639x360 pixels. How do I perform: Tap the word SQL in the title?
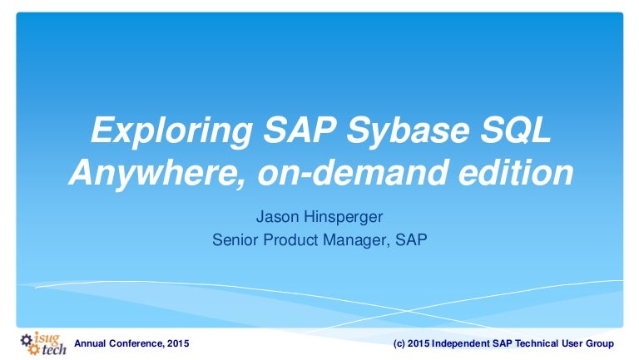[513, 131]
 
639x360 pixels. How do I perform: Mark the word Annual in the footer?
[91, 343]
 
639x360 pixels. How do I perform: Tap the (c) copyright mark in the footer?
[400, 343]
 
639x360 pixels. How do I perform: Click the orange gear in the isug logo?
[34, 349]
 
